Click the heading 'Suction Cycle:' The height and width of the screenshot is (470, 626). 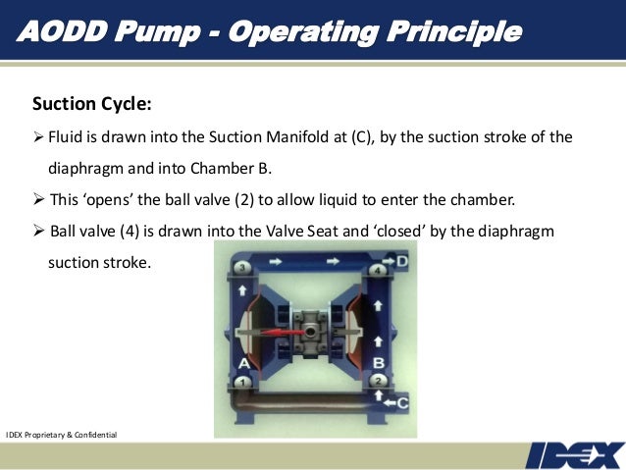[91, 103]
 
